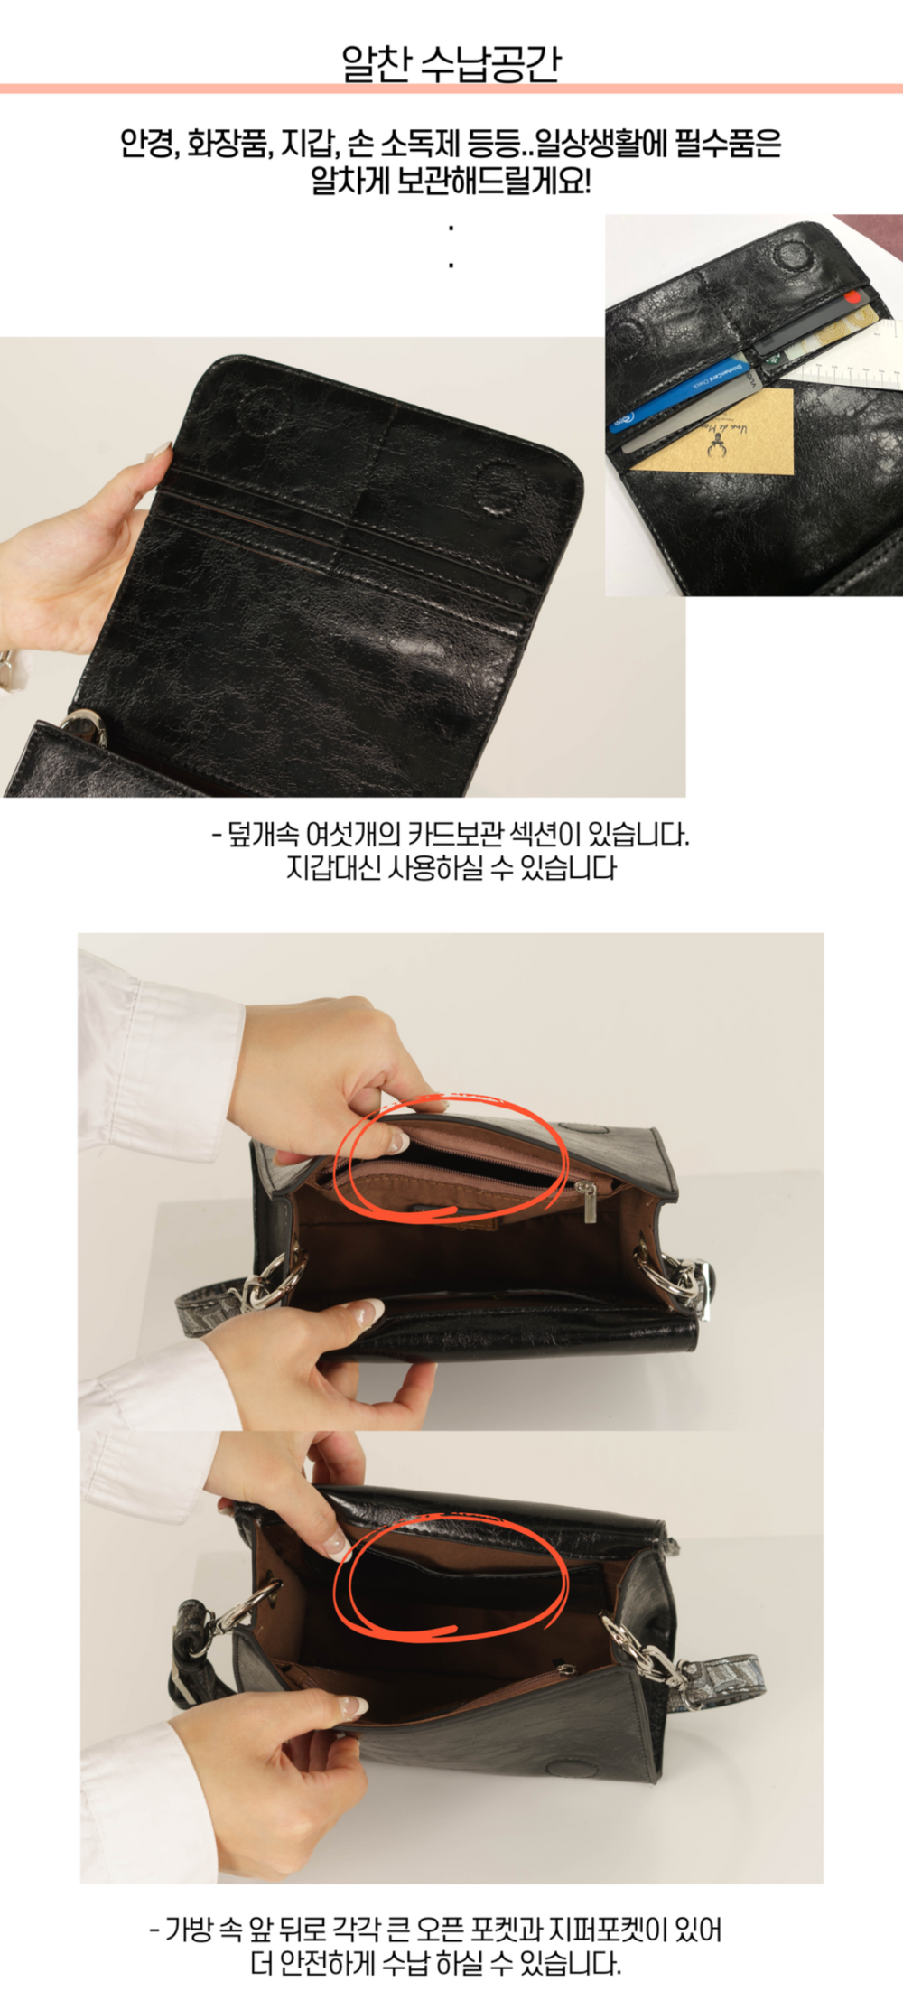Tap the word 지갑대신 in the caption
coord(332,868)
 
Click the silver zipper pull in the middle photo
coord(589,1201)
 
